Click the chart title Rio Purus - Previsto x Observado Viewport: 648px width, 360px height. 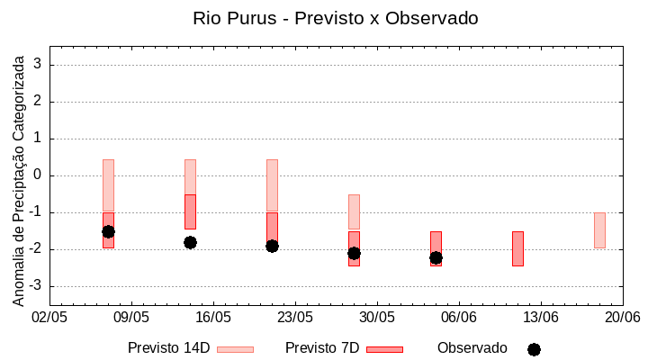pos(336,18)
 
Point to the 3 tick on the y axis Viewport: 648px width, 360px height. pos(40,65)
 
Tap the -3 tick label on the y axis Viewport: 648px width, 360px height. pos(37,286)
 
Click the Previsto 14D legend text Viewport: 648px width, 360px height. pos(169,348)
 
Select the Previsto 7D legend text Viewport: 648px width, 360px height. pos(322,348)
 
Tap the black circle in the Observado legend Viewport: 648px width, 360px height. pos(534,349)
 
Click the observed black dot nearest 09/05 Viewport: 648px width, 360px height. pos(108,231)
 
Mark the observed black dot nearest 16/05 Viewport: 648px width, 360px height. pos(190,242)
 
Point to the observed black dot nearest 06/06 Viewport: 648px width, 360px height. pos(436,257)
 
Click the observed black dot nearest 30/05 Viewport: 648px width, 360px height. pos(354,254)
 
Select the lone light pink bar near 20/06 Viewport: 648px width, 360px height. pos(599,230)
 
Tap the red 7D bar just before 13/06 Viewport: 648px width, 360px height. pos(517,248)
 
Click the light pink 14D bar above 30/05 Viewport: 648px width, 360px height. pos(354,211)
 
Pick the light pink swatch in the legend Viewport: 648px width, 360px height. pos(236,349)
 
